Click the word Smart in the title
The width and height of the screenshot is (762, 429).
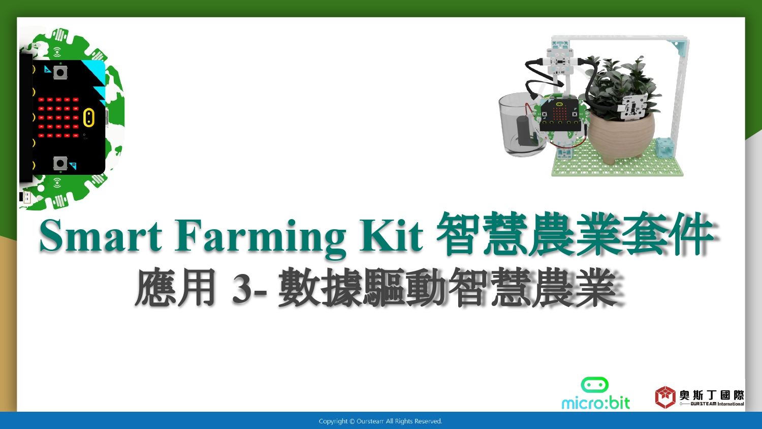[x=101, y=236]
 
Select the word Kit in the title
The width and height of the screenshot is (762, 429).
[x=391, y=235]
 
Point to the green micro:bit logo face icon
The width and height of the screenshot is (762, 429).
[x=595, y=385]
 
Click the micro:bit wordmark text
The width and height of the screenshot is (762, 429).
[x=596, y=403]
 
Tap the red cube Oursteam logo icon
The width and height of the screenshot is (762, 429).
[x=665, y=397]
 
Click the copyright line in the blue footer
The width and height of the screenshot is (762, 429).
[x=380, y=421]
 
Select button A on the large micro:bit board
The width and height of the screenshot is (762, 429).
[x=60, y=73]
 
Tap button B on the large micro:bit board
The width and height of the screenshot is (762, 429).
[x=60, y=164]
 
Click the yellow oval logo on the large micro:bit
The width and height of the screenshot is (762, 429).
[x=89, y=117]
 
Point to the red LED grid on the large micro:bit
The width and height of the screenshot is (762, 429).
[x=58, y=117]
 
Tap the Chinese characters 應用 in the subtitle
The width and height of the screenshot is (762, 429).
[x=176, y=288]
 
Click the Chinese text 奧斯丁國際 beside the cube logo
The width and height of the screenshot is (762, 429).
[x=712, y=395]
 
